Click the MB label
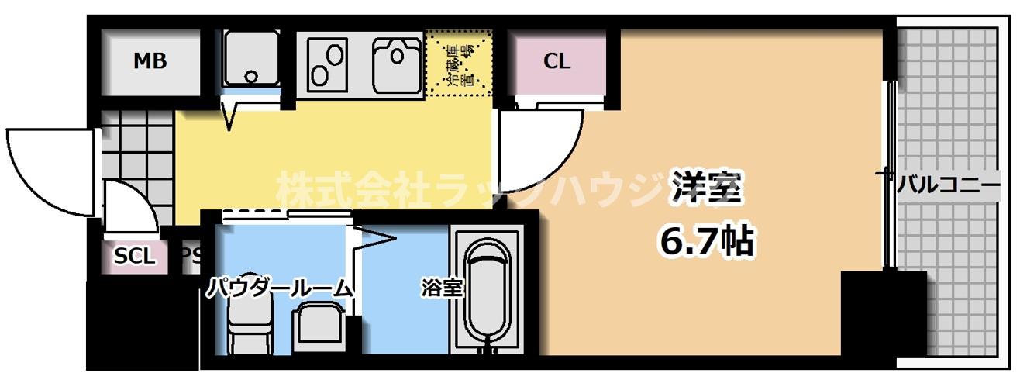(x=150, y=61)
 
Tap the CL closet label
(x=557, y=62)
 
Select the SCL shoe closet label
(x=134, y=256)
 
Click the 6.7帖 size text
(x=705, y=242)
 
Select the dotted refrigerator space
(x=459, y=64)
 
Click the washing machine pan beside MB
(x=251, y=59)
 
